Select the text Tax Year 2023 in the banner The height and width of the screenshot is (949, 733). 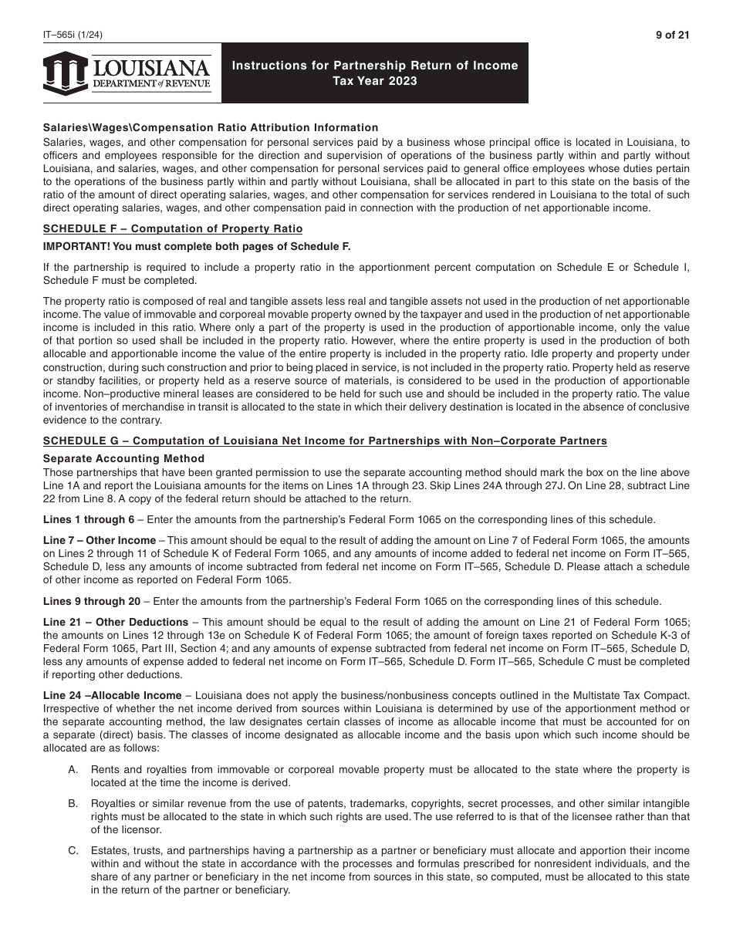[x=375, y=81]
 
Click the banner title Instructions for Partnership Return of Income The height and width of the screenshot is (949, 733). [x=375, y=66]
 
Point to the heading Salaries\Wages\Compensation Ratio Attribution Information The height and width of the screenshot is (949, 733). [x=211, y=127]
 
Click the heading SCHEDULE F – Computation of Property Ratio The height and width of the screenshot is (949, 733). [x=173, y=228]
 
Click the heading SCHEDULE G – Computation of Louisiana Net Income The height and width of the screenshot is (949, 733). [x=325, y=441]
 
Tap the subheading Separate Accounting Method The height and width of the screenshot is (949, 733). [x=123, y=458]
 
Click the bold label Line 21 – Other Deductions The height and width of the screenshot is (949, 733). [x=116, y=622]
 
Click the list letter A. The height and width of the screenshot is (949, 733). [x=73, y=770]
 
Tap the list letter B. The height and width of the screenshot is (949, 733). [x=73, y=803]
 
